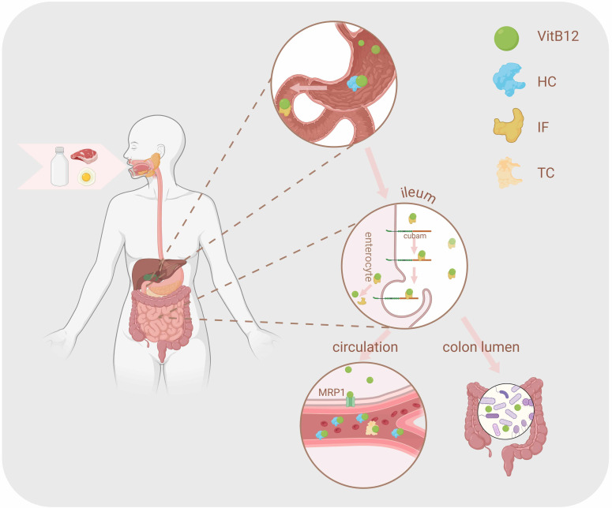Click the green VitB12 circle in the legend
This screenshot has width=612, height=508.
506,38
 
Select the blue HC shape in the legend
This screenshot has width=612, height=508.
508,80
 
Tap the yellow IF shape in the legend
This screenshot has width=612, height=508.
509,125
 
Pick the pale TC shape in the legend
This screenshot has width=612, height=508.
509,173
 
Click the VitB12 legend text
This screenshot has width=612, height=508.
558,36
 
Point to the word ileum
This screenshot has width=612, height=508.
418,194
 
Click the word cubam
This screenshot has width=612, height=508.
415,236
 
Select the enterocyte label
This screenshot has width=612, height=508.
368,257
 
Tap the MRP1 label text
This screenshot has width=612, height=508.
332,392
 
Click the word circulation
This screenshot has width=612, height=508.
365,347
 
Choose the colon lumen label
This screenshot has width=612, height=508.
481,347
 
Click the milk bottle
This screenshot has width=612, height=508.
60,166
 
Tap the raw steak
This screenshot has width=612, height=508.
84,155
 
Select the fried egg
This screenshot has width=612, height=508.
86,177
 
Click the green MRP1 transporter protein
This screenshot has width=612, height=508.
351,399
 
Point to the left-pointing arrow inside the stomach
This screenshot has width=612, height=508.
309,88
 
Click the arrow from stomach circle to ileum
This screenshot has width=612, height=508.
377,173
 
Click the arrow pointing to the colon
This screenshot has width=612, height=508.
481,345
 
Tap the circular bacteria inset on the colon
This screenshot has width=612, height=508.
506,411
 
